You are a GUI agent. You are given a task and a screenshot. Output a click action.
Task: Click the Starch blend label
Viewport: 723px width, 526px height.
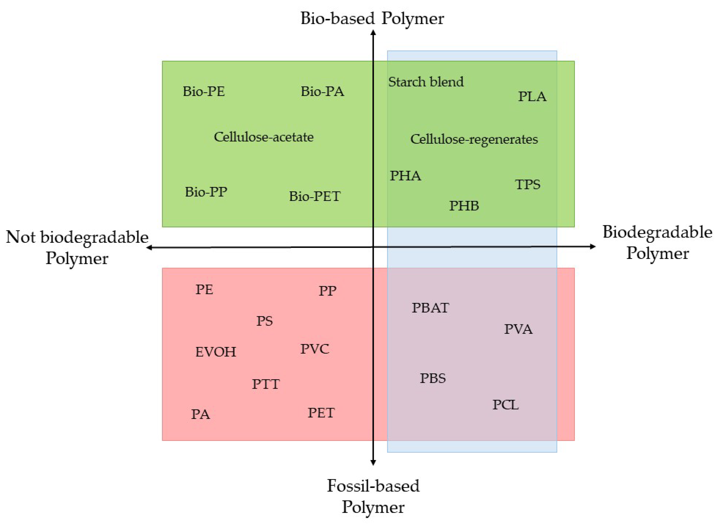(x=425, y=82)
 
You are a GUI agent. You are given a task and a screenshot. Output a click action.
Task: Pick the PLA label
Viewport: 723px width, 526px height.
(x=532, y=96)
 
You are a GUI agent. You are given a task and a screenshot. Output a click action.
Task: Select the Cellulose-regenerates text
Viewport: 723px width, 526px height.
(x=474, y=139)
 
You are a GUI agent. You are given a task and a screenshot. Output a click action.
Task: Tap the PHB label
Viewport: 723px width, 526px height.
(x=464, y=206)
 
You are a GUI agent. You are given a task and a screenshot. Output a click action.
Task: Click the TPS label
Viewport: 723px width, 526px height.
(x=527, y=184)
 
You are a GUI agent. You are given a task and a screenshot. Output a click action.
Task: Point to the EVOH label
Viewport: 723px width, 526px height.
(x=215, y=352)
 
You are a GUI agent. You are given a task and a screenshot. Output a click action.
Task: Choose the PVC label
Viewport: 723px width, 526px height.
(x=314, y=349)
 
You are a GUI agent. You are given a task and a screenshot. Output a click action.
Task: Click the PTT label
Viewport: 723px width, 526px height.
(x=266, y=384)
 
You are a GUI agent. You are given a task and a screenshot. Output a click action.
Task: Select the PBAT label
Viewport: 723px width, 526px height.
(x=430, y=308)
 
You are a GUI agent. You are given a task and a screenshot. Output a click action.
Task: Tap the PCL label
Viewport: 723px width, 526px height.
(x=505, y=405)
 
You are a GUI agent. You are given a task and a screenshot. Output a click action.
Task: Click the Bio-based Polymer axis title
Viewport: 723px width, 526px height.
(x=372, y=18)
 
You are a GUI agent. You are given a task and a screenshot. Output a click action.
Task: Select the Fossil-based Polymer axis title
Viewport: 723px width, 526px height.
(x=373, y=496)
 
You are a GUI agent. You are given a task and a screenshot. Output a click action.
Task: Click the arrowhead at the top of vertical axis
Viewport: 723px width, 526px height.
(x=373, y=32)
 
